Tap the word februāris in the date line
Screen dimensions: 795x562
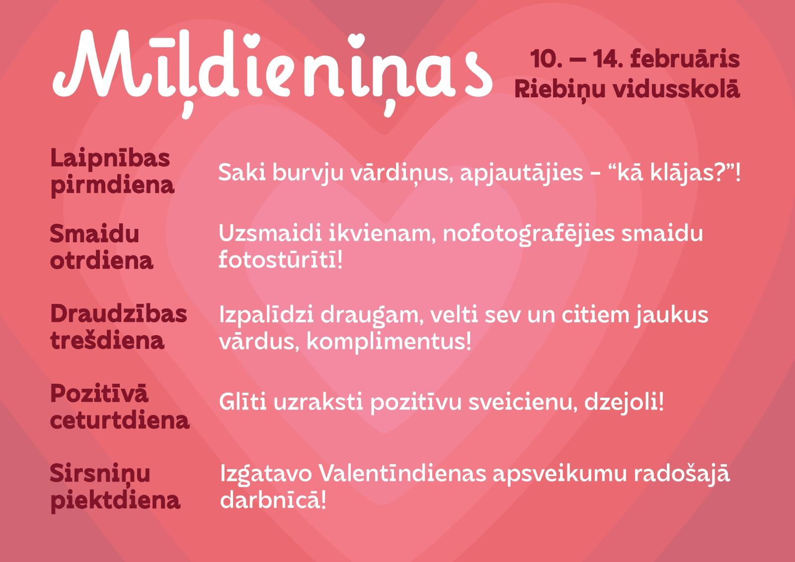click(x=685, y=59)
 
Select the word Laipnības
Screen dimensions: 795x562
click(x=110, y=159)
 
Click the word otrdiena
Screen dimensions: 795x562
click(x=101, y=261)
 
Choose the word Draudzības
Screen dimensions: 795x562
click(x=119, y=314)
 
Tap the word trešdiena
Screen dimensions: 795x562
click(x=107, y=340)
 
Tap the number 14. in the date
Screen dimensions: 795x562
click(x=608, y=59)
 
